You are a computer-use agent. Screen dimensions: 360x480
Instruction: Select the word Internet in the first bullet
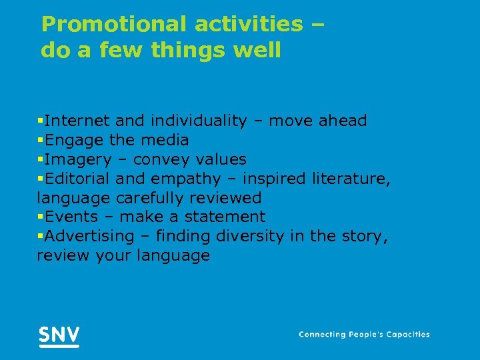tap(77, 121)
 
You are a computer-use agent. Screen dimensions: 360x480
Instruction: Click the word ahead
tap(343, 121)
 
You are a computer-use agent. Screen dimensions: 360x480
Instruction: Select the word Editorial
tap(77, 179)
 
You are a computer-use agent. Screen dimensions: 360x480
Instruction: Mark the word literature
tap(359, 179)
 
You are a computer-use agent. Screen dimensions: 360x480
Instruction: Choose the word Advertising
tap(89, 236)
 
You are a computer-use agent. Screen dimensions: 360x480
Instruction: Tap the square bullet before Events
tap(41, 217)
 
